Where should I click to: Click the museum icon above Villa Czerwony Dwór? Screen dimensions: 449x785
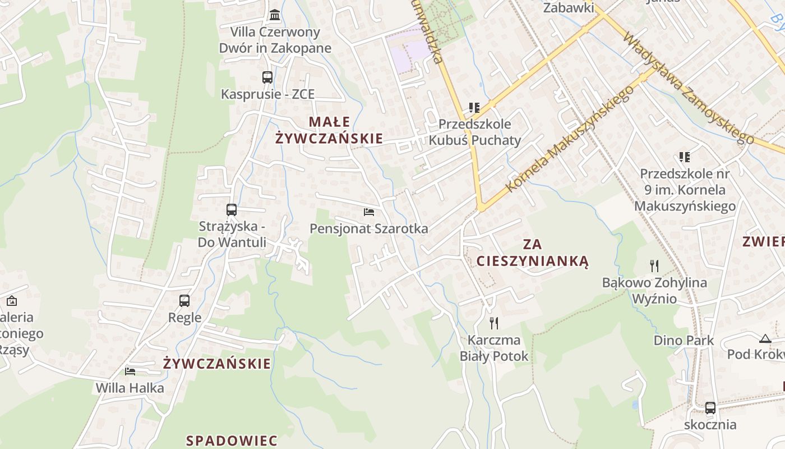pos(275,15)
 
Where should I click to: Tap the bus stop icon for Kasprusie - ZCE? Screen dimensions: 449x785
pos(267,77)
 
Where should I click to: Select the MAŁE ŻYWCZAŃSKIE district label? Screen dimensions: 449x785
pos(329,130)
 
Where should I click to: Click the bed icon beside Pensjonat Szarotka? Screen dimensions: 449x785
pos(369,212)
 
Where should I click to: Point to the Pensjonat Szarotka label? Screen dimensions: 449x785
pos(369,228)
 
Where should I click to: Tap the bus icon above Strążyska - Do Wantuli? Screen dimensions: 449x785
pos(232,210)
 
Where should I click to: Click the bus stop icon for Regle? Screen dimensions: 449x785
pos(184,301)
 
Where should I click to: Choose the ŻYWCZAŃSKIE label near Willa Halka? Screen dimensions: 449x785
pos(217,364)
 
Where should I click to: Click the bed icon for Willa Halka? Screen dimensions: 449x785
pos(130,371)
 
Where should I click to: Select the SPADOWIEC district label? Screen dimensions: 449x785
pos(232,440)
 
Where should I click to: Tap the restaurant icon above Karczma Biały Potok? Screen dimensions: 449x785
pos(494,323)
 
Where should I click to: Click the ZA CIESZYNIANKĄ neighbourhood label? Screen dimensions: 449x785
pos(532,253)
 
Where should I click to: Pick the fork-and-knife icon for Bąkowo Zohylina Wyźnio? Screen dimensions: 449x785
pos(654,265)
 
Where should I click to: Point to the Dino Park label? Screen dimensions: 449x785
pos(684,340)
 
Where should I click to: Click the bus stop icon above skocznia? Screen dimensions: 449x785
pos(710,408)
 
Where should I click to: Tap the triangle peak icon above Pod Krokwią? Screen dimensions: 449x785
pos(765,338)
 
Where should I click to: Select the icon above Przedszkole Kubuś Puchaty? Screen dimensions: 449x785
pos(474,107)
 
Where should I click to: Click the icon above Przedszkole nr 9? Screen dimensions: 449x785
pos(685,157)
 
